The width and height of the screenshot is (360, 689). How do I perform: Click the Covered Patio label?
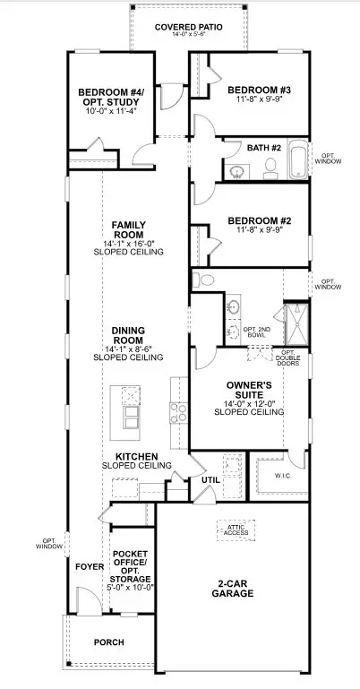[x=187, y=28]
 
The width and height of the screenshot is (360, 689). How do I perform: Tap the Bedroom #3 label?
[x=256, y=90]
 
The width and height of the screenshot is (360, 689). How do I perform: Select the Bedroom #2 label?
[x=256, y=220]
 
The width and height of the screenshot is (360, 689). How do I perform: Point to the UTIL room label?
[x=210, y=480]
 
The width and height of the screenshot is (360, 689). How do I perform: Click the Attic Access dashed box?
[x=236, y=530]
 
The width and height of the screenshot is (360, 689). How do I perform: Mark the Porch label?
[x=108, y=642]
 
